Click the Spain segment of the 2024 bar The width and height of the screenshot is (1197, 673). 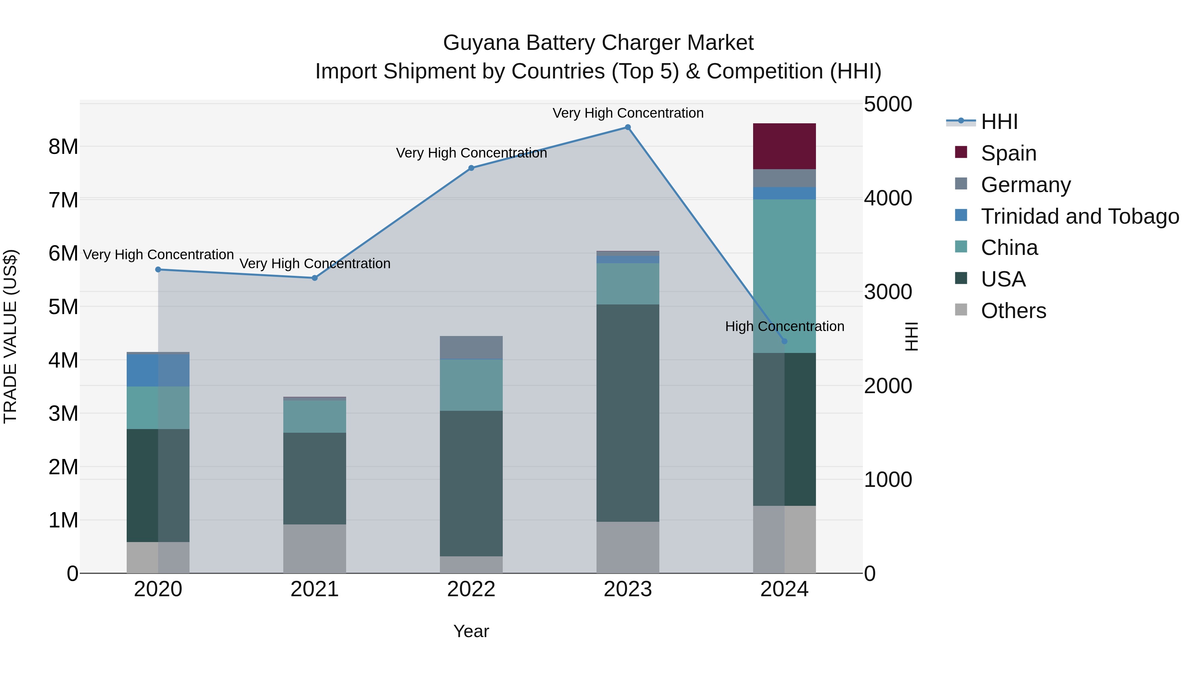(x=784, y=146)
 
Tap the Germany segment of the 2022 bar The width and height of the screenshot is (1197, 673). (x=471, y=347)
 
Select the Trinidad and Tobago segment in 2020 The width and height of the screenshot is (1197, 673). (x=158, y=370)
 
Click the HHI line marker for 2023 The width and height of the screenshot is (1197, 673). (x=627, y=127)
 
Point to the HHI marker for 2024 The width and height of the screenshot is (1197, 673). (x=784, y=341)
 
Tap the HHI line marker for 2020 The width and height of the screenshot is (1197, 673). (x=158, y=270)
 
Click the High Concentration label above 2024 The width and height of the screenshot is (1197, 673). (x=784, y=326)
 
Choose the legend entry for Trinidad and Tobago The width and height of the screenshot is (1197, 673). (x=1079, y=216)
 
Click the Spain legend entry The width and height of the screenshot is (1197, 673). (x=1008, y=153)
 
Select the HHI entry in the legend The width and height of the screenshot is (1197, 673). (x=999, y=122)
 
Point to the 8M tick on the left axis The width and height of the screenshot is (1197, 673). (x=63, y=147)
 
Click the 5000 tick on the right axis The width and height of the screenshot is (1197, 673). (x=887, y=104)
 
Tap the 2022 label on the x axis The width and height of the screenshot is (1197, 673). (x=471, y=589)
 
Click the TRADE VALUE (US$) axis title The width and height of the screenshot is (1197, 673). (x=10, y=336)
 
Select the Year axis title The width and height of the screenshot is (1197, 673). (x=471, y=631)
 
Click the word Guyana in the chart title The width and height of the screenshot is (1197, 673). (x=481, y=43)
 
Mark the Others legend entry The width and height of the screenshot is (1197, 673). (x=1013, y=311)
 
